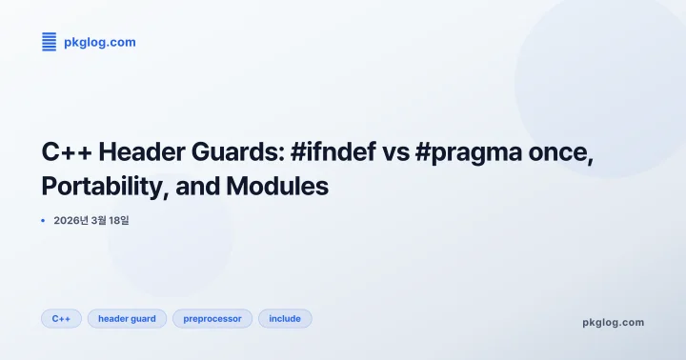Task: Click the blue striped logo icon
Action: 49,41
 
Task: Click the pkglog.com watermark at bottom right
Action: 613,322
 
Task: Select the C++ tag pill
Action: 61,318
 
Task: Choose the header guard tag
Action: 127,318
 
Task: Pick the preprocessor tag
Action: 212,318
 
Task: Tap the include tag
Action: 285,318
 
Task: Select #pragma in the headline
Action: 463,153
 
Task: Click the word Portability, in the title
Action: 104,187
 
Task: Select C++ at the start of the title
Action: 66,153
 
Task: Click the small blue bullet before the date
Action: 43,220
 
